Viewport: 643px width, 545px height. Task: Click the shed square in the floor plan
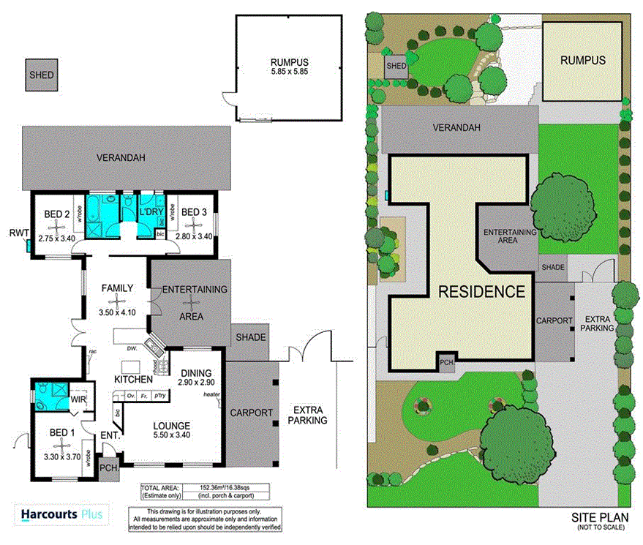pos(42,75)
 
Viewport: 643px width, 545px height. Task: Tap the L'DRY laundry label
pos(151,213)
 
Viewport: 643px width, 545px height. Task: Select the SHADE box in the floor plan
pos(250,337)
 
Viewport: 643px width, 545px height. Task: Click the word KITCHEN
pos(132,379)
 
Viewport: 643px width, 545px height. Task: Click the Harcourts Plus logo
pos(62,515)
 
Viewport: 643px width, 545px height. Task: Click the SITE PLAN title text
pos(599,517)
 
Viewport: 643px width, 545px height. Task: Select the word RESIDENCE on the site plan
pos(481,292)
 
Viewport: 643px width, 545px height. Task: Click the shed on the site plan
pos(396,66)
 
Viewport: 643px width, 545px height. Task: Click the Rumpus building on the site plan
pos(582,61)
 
